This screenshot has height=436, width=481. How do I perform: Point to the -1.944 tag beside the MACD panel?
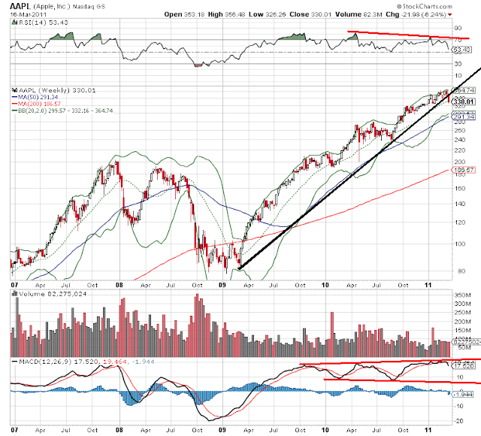click(x=465, y=394)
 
